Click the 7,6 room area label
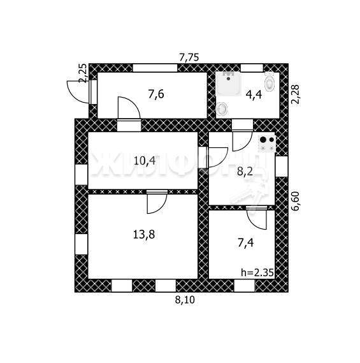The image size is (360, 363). [156, 95]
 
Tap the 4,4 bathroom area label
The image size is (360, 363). [254, 95]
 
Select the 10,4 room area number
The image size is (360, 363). [145, 161]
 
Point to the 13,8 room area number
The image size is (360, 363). [144, 235]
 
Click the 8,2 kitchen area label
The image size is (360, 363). [245, 172]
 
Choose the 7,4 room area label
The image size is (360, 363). [245, 243]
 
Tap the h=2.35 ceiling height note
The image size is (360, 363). [257, 272]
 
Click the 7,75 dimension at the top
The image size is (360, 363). [189, 57]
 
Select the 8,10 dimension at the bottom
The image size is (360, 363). [185, 300]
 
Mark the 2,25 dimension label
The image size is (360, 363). [83, 73]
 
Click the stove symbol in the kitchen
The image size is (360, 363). [267, 144]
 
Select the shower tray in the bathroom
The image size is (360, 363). [229, 84]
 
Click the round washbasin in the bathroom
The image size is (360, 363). [222, 108]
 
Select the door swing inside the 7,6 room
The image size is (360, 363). [133, 103]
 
